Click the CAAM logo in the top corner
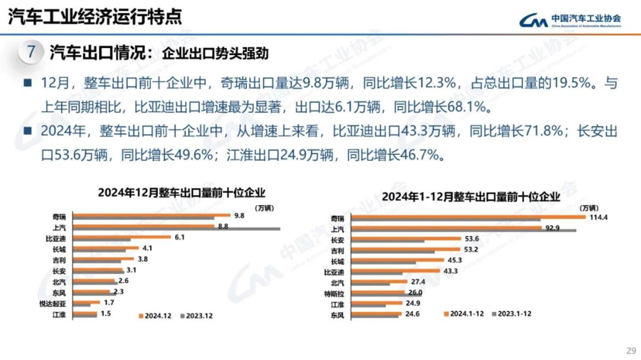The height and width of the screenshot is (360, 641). click(x=570, y=21)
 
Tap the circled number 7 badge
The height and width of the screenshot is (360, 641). click(x=31, y=52)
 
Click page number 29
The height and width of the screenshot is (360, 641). click(x=630, y=349)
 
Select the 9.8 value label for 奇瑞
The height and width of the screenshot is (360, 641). click(x=239, y=216)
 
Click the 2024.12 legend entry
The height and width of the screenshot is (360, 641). click(x=156, y=316)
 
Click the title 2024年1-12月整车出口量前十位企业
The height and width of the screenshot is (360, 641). click(x=470, y=196)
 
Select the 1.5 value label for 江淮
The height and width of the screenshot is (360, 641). click(x=106, y=313)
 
